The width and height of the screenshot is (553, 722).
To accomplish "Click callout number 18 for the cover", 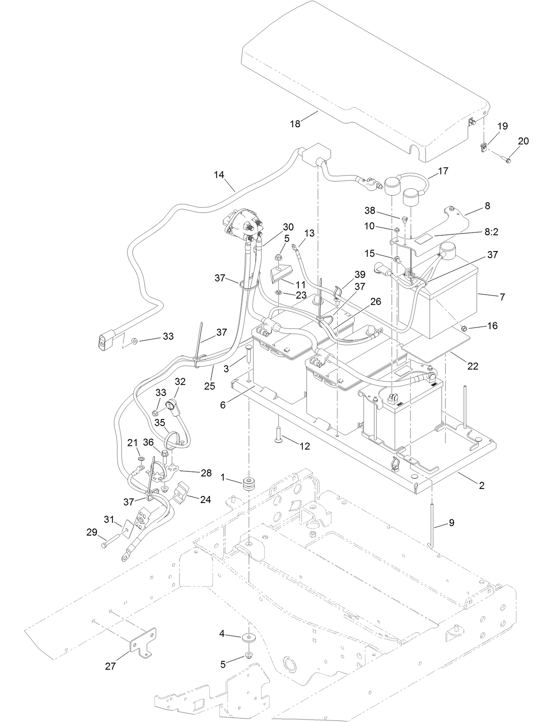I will tap(295, 124).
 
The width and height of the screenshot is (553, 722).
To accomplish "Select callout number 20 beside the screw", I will tap(523, 141).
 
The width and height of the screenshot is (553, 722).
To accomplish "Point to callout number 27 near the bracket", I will tap(110, 666).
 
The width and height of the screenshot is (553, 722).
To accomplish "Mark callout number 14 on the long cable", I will tap(219, 175).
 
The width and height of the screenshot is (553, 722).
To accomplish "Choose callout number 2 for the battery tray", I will tap(481, 485).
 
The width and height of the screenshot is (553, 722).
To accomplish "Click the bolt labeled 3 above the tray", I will tap(248, 354).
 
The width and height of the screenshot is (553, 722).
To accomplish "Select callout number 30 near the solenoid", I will tap(288, 227).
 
